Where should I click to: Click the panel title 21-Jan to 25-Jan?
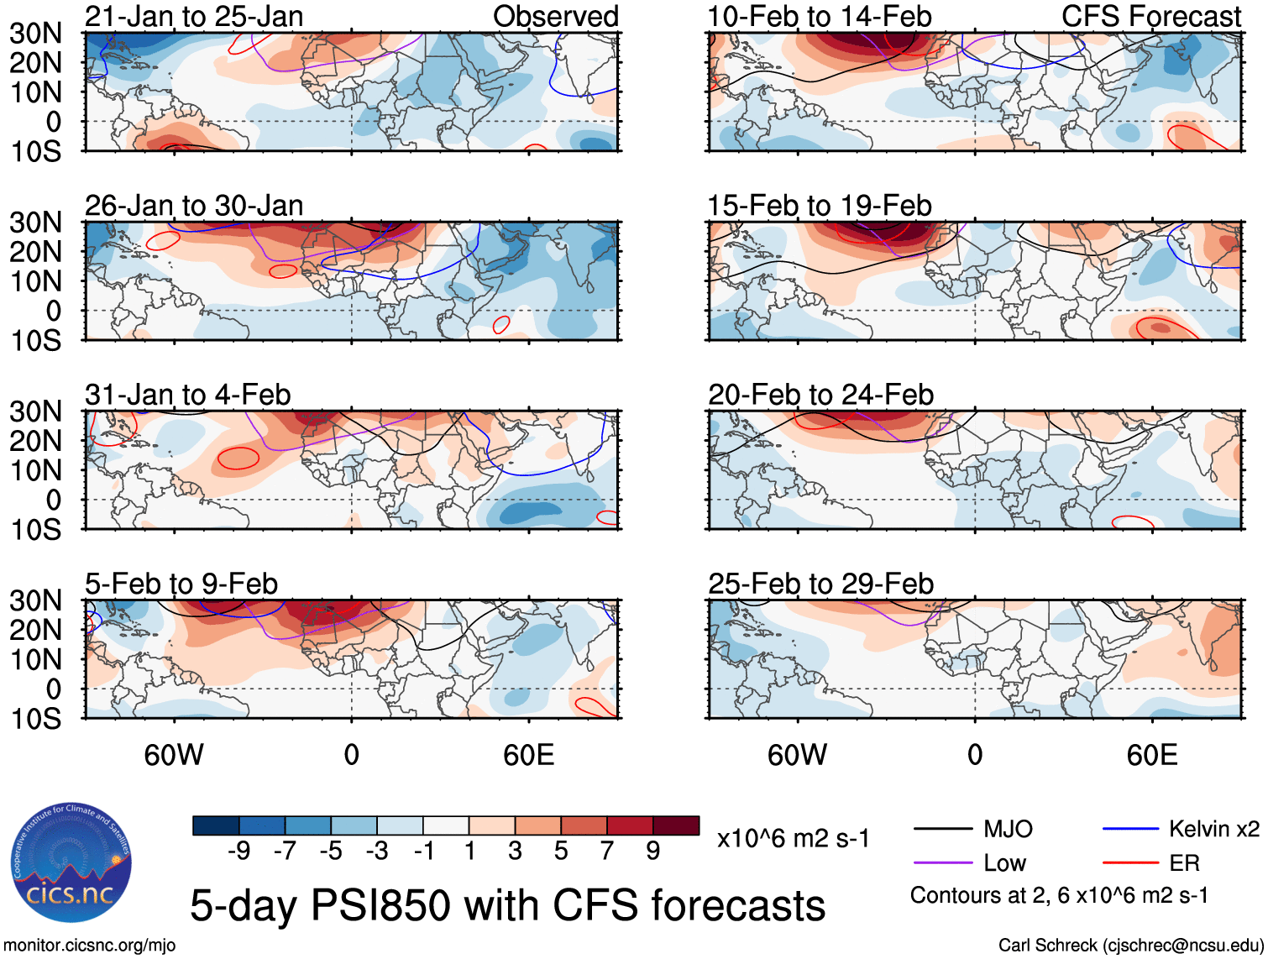click(194, 16)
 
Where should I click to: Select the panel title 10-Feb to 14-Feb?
click(820, 16)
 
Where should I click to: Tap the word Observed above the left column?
click(556, 16)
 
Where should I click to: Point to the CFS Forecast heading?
click(1151, 16)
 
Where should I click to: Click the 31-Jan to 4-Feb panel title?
click(188, 395)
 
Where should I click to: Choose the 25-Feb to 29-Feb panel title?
click(820, 584)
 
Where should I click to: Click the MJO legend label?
click(1008, 830)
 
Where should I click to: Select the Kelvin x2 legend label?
click(1213, 830)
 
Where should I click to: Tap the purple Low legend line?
click(942, 863)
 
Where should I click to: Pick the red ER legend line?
click(1129, 863)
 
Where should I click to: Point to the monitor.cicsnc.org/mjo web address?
click(90, 946)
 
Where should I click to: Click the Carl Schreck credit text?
click(1130, 946)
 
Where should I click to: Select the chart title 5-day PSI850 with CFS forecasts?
click(507, 906)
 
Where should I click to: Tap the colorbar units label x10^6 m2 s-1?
click(793, 838)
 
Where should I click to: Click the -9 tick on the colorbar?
click(239, 852)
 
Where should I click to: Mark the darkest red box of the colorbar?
click(676, 825)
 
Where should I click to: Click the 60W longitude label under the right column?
click(797, 755)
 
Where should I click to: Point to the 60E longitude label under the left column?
click(528, 755)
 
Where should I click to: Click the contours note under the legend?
click(1059, 895)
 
